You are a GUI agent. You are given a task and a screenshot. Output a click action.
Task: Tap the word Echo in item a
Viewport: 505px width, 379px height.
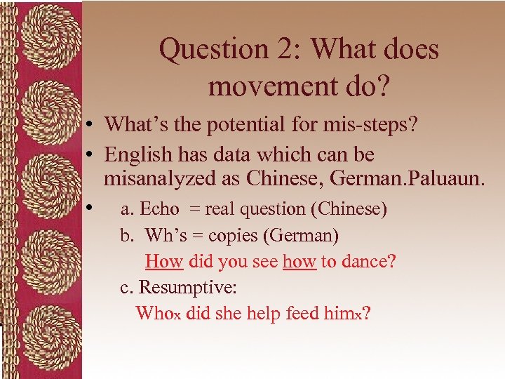pyautogui.click(x=159, y=208)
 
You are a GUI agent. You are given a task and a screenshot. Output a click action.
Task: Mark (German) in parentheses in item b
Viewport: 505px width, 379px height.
pyautogui.click(x=315, y=235)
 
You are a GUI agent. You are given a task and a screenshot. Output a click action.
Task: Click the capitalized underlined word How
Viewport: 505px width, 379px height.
pyautogui.click(x=163, y=261)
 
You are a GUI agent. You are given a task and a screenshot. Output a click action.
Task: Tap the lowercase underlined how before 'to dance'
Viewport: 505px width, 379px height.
pyautogui.click(x=299, y=261)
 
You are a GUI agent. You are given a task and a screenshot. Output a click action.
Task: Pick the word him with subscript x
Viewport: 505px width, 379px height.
pyautogui.click(x=342, y=313)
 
